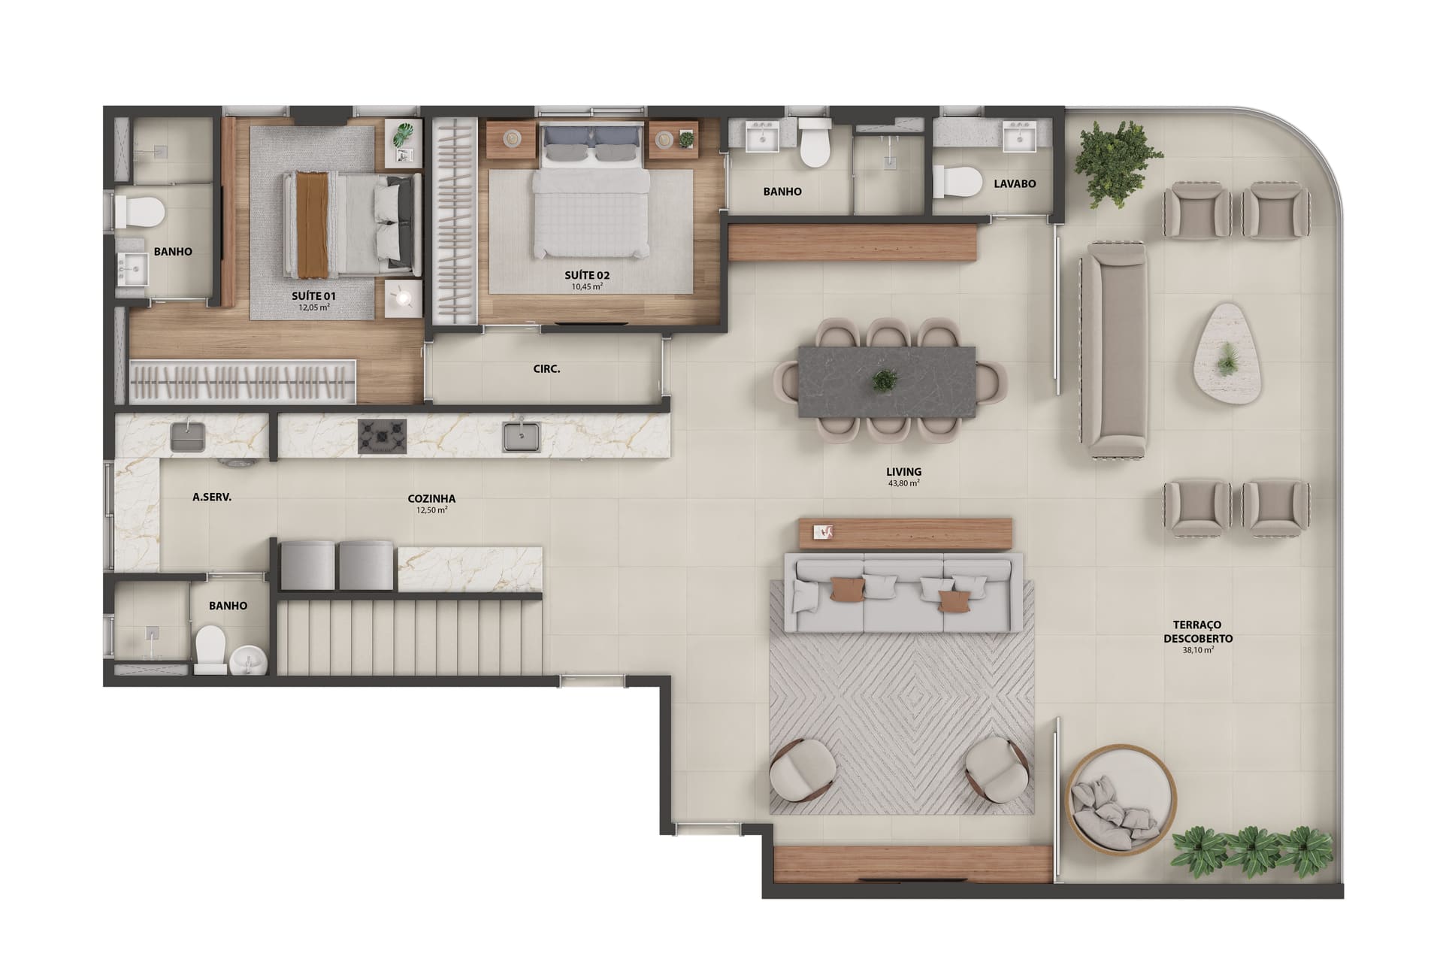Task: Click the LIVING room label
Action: pyautogui.click(x=903, y=472)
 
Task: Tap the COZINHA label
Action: pyautogui.click(x=431, y=498)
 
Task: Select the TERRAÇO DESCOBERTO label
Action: pyautogui.click(x=1198, y=631)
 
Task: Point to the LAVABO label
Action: pyautogui.click(x=1015, y=183)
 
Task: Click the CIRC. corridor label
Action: pyautogui.click(x=546, y=369)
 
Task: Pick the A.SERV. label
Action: pyautogui.click(x=212, y=497)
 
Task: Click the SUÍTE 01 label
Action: pyautogui.click(x=313, y=296)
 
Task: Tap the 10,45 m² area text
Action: pyautogui.click(x=587, y=286)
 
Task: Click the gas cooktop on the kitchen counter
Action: pyautogui.click(x=382, y=437)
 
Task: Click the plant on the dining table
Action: pyautogui.click(x=884, y=380)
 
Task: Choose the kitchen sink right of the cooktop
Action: pyautogui.click(x=521, y=437)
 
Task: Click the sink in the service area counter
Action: pyautogui.click(x=188, y=437)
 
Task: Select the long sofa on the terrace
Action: pyautogui.click(x=1114, y=349)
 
